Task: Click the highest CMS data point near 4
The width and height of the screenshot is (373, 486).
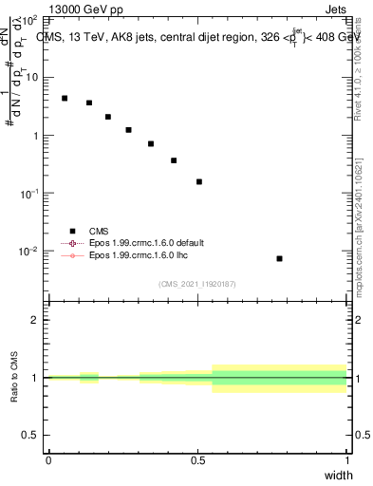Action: (x=65, y=98)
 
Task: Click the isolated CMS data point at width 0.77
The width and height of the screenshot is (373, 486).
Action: (x=279, y=258)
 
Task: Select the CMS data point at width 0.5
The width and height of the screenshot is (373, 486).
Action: (x=199, y=181)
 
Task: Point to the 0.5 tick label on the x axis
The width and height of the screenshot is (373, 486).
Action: (x=197, y=458)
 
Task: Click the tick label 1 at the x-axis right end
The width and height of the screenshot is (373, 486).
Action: (x=347, y=458)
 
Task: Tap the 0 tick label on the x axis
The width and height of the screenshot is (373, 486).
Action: (x=48, y=458)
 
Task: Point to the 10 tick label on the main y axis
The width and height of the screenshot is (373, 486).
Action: (x=29, y=77)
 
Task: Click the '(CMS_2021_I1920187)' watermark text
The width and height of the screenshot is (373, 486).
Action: (x=197, y=283)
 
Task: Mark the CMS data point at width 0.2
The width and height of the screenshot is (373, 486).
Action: (x=108, y=117)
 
